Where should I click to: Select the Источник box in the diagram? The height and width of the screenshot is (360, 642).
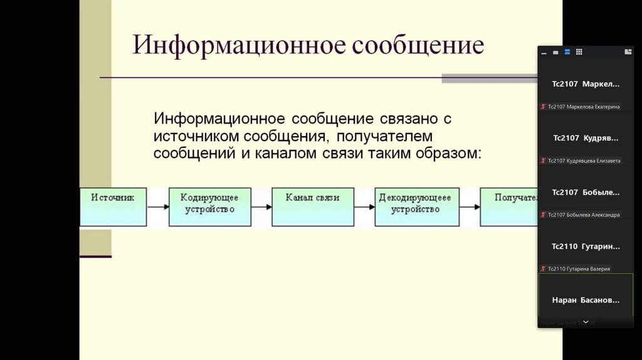coord(113,206)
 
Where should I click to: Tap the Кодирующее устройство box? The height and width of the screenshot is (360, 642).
coord(209,206)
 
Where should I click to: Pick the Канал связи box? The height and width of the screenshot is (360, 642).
coord(312,206)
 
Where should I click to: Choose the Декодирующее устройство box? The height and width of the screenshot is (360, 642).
coord(415,206)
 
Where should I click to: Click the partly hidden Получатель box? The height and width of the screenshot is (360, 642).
coord(509,206)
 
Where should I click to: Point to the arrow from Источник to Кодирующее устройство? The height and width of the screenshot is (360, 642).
coord(157,206)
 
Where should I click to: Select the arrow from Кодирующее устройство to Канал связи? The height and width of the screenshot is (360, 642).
coord(261,206)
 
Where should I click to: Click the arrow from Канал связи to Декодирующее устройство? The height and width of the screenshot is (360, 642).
coord(364,206)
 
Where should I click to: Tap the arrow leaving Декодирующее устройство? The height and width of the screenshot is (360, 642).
coord(470,206)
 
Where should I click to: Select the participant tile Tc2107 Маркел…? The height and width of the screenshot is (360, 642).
coord(586,84)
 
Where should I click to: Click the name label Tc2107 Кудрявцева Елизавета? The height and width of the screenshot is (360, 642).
coord(584,161)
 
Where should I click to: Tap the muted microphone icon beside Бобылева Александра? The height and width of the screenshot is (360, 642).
coord(543,214)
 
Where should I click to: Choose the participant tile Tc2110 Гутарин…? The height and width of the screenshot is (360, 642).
coord(586,246)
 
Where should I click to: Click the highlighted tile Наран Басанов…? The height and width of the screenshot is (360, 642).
coord(586,300)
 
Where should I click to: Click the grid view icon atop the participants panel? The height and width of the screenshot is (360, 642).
coord(579,52)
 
